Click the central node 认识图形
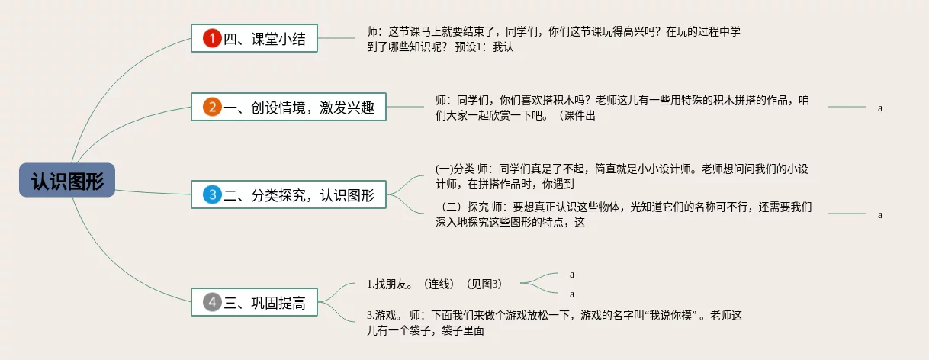pyautogui.click(x=67, y=180)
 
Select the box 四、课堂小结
pyautogui.click(x=254, y=38)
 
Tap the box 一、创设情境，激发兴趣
pyautogui.click(x=288, y=107)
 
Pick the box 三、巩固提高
pyautogui.click(x=254, y=302)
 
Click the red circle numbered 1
pyautogui.click(x=211, y=38)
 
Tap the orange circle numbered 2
pyautogui.click(x=211, y=107)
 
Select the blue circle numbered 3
pyautogui.click(x=211, y=194)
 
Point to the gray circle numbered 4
pyautogui.click(x=211, y=302)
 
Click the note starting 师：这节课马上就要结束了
pyautogui.click(x=554, y=39)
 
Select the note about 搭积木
pyautogui.click(x=622, y=108)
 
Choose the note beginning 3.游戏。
pyautogui.click(x=554, y=323)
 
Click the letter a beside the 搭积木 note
pyautogui.click(x=880, y=108)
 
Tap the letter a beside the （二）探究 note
pyautogui.click(x=880, y=214)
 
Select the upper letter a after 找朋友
pyautogui.click(x=572, y=274)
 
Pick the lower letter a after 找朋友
pyautogui.click(x=572, y=294)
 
